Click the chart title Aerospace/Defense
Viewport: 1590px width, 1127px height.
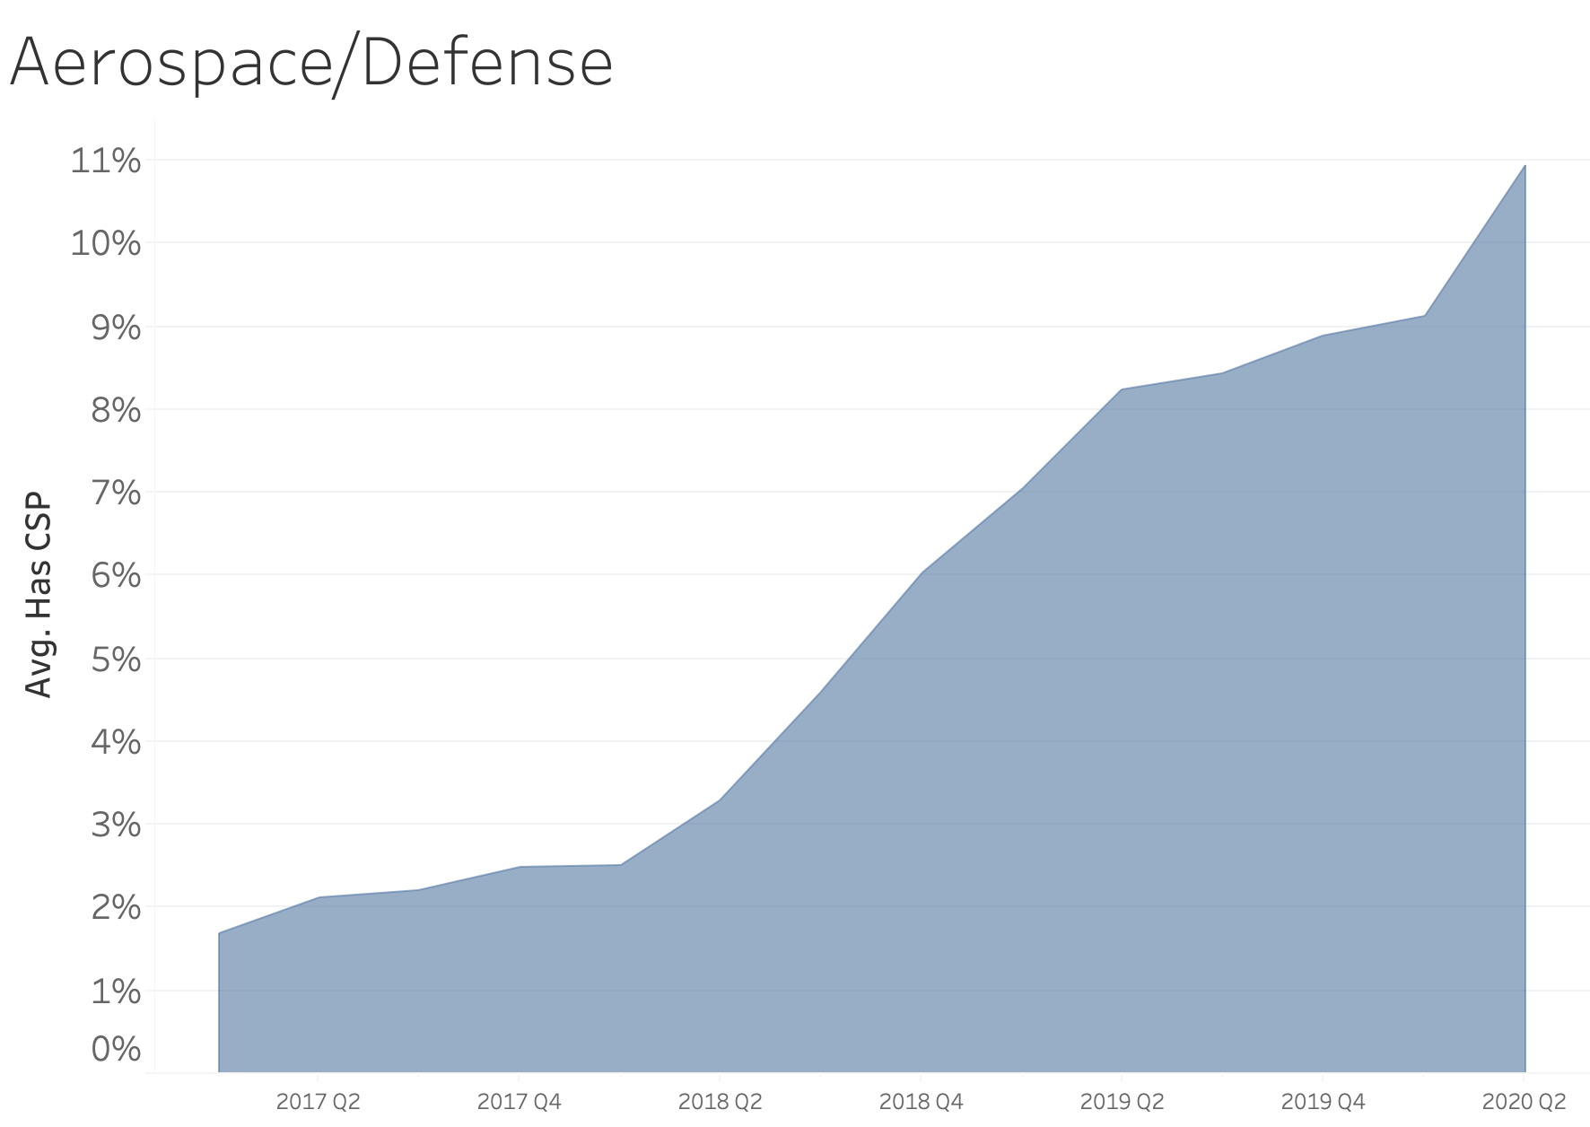coord(310,63)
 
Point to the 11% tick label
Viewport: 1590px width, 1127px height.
coord(105,162)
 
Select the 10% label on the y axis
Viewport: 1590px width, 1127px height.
coord(105,244)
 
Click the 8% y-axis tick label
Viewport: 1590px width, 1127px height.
coord(116,411)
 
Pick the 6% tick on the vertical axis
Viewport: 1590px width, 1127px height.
coord(116,576)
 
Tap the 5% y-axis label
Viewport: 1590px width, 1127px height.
coord(116,660)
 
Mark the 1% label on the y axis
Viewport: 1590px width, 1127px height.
coord(116,992)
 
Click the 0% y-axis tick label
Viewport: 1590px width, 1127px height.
coord(116,1048)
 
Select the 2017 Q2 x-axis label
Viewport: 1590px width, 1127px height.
coord(318,1102)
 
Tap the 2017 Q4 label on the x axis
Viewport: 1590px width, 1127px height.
coord(519,1102)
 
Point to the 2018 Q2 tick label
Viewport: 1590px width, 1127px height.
coord(720,1102)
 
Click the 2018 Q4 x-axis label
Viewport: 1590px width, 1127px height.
coord(921,1102)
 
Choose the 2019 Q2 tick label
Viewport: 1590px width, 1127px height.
coord(1122,1102)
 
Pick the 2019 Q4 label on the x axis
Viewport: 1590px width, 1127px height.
coord(1323,1102)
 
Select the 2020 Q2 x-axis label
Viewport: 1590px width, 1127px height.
coord(1524,1102)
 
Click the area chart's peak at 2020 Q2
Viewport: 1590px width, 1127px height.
coord(1524,166)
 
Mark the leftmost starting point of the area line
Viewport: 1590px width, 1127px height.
coord(219,933)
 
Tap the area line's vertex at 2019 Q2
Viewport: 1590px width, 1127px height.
coord(1122,389)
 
